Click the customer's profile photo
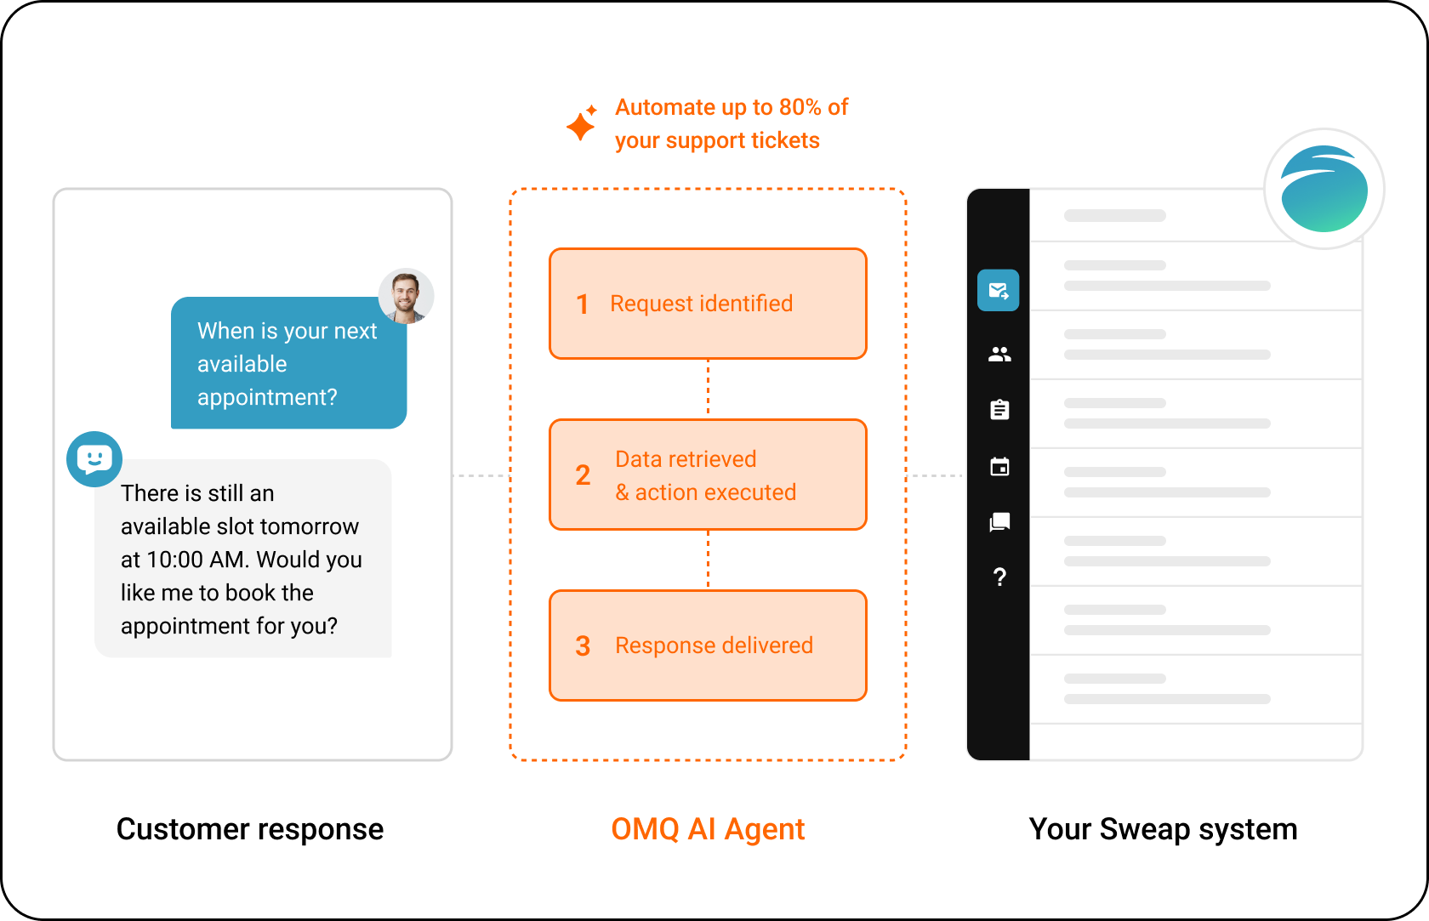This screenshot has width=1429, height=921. point(407,296)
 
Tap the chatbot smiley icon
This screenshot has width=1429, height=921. point(94,459)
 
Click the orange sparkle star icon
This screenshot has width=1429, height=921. point(582,123)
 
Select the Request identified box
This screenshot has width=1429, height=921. point(708,304)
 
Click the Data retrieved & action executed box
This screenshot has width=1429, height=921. point(708,475)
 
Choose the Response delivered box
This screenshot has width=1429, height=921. point(708,645)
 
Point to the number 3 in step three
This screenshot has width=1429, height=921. point(583,646)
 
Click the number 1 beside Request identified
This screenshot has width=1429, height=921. point(582,304)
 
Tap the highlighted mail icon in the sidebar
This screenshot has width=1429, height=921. point(999,291)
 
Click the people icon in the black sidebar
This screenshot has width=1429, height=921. point(999,354)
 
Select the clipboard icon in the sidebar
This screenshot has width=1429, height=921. point(999,410)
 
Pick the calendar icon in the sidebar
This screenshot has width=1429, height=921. point(999,466)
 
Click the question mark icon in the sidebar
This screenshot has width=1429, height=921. point(999,577)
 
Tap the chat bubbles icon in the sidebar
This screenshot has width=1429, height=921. point(999,522)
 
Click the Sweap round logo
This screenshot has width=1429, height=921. point(1324,189)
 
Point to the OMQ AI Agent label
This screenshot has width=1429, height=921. point(708,830)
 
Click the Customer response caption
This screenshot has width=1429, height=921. point(250,830)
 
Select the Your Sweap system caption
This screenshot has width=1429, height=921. point(1163,830)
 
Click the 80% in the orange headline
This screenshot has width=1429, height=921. point(800,107)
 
